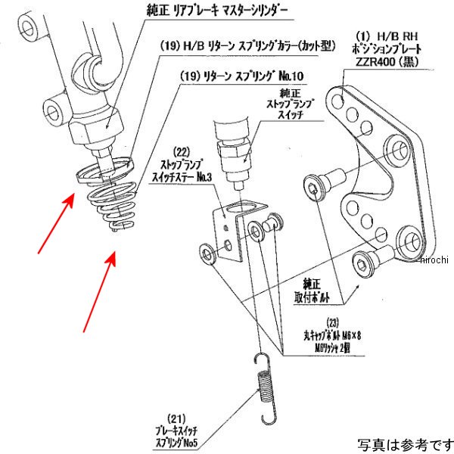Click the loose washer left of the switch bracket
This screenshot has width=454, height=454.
tap(207, 253)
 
